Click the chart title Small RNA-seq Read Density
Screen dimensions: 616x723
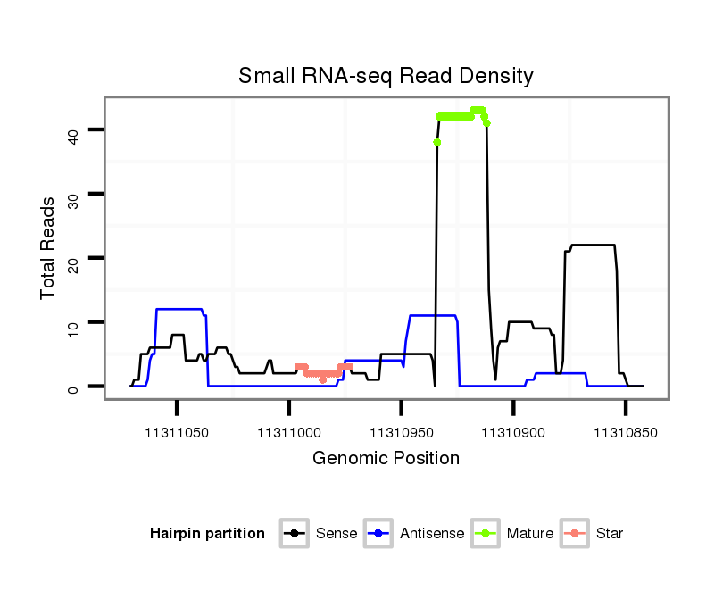point(386,76)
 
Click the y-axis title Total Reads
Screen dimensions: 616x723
point(49,248)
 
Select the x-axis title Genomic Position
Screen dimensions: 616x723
point(386,459)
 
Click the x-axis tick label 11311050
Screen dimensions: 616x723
point(177,433)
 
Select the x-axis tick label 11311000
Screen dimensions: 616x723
point(288,433)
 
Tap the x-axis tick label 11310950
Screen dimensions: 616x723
point(401,433)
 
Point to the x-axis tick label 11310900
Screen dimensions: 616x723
point(512,433)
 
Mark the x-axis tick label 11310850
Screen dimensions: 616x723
point(625,433)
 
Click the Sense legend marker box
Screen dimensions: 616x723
point(295,534)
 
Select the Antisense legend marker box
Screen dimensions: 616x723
point(378,534)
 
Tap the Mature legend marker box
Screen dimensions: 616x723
point(486,534)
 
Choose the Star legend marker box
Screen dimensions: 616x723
point(575,534)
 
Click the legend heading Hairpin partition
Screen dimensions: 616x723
point(207,534)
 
